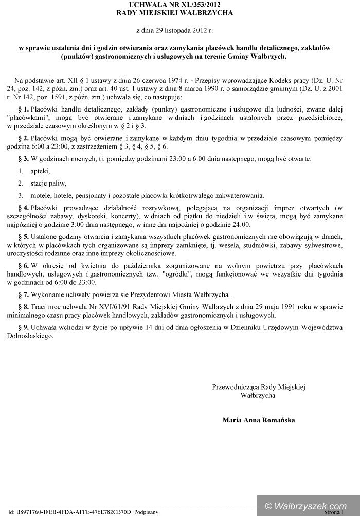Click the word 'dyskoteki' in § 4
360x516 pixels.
click(x=109, y=217)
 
